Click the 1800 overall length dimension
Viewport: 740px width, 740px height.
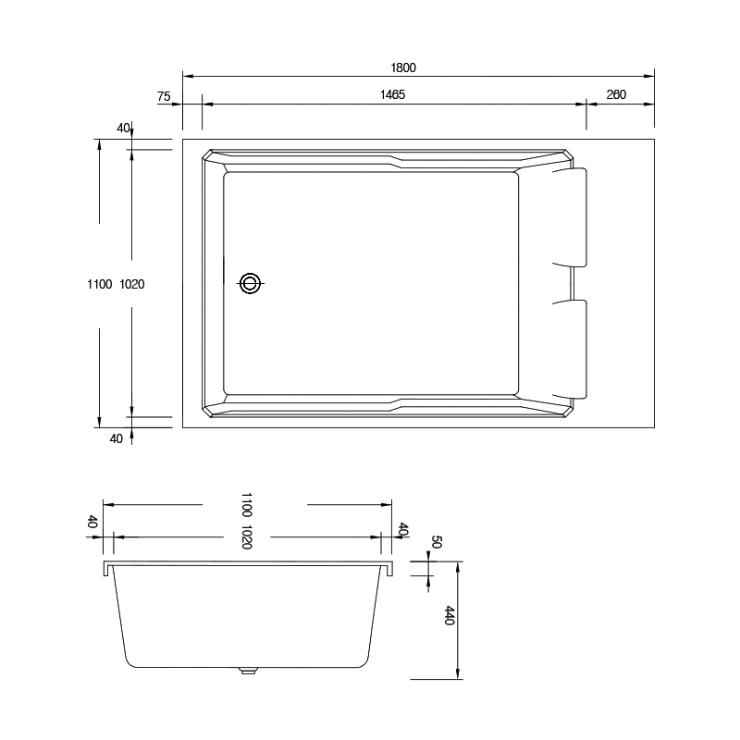pyautogui.click(x=403, y=68)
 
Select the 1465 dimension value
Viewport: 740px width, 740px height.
pyautogui.click(x=392, y=95)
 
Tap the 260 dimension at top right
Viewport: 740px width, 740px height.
pyautogui.click(x=616, y=95)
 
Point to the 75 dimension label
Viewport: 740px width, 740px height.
pyautogui.click(x=164, y=97)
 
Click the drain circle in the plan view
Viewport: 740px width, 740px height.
pyautogui.click(x=250, y=284)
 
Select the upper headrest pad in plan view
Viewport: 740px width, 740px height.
pyautogui.click(x=570, y=217)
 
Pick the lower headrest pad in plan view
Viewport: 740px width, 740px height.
pyautogui.click(x=570, y=350)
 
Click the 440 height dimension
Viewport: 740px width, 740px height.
pyautogui.click(x=449, y=616)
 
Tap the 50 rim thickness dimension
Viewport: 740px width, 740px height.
pyautogui.click(x=436, y=542)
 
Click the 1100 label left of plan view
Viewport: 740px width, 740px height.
pyautogui.click(x=100, y=284)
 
